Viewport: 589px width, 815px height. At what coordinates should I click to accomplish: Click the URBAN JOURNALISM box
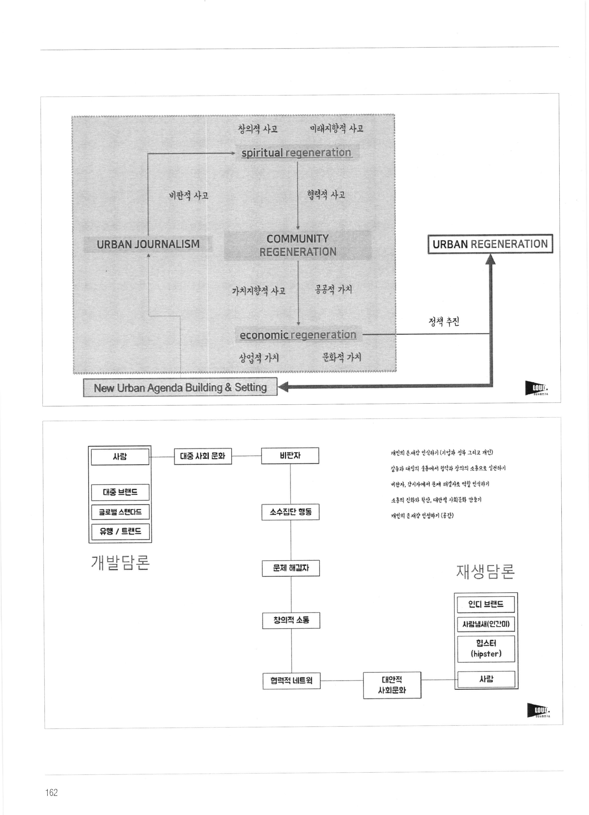(148, 244)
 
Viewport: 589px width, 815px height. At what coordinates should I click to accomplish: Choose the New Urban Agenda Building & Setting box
(180, 387)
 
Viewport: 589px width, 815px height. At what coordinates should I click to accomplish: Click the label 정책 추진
(444, 321)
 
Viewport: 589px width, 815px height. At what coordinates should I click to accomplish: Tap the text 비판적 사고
(189, 195)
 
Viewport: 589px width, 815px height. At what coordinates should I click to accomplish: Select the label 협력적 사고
(326, 195)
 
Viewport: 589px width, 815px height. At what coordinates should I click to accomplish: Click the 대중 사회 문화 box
(203, 456)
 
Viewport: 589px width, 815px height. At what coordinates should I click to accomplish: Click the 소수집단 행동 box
(290, 512)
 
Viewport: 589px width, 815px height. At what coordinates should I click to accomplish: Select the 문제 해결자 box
(291, 568)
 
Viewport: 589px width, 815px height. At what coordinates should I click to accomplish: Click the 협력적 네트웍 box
(291, 680)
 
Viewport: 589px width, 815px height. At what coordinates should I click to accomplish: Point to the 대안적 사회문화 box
(392, 685)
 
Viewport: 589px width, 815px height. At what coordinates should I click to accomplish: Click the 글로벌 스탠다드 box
(120, 512)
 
